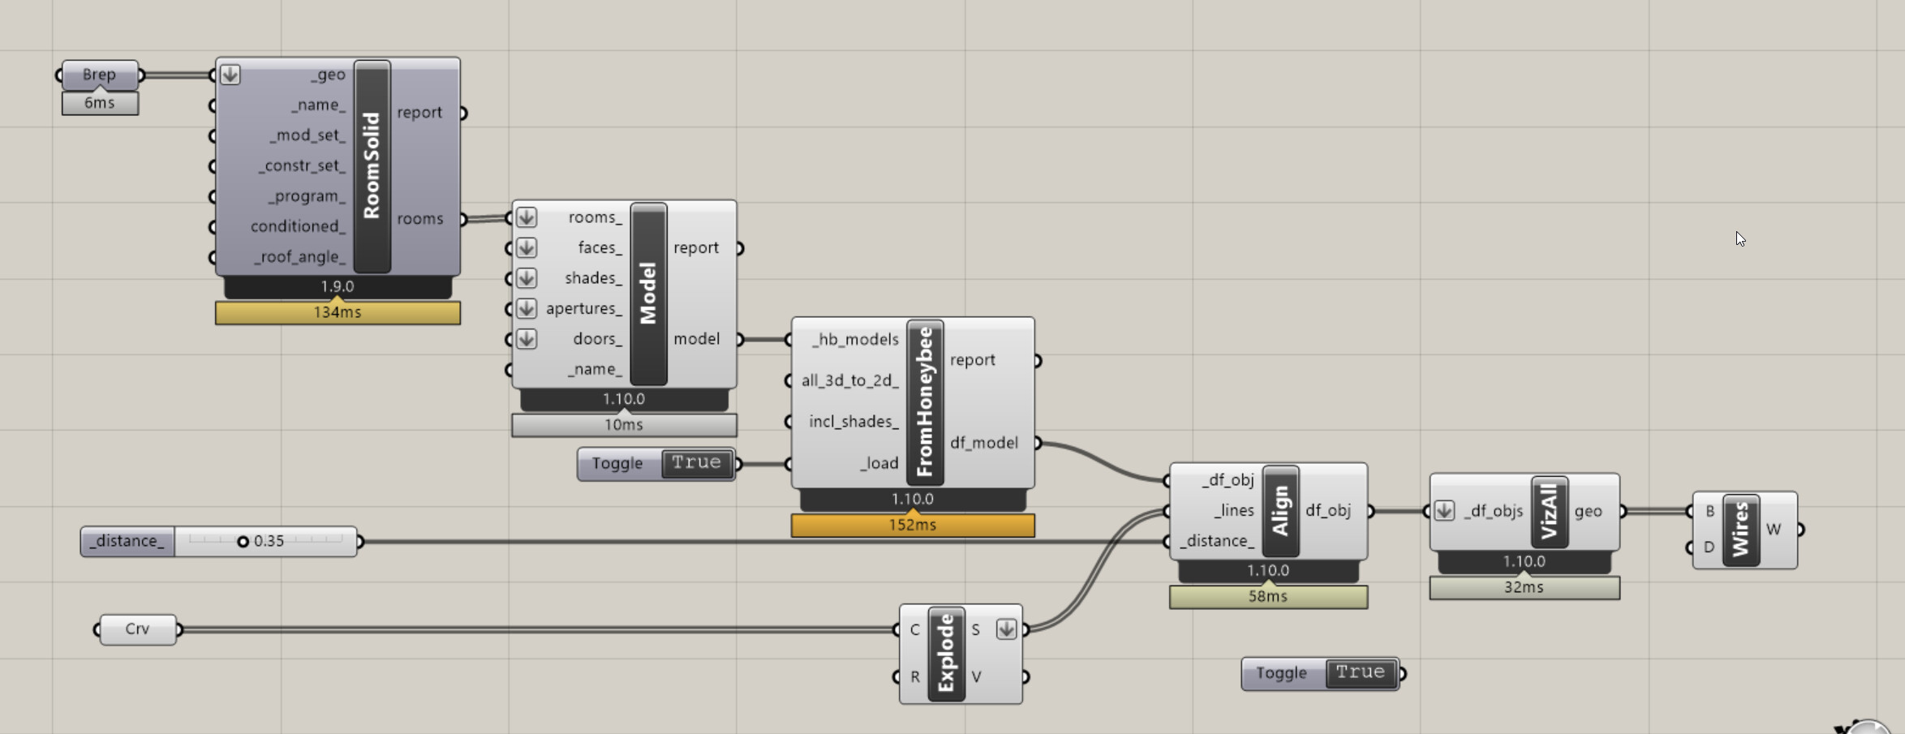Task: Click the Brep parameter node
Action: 99,75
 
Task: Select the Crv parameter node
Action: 137,629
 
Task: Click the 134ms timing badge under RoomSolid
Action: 338,312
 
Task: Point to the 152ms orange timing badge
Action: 913,525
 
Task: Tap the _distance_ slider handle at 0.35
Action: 243,541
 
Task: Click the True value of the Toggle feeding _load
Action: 696,463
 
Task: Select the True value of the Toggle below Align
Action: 1361,673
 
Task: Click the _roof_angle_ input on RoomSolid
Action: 300,257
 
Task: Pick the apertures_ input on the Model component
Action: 583,308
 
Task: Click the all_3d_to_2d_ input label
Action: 849,380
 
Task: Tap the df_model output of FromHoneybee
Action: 984,443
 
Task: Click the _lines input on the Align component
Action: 1233,510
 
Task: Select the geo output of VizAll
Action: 1588,511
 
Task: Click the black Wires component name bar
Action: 1740,530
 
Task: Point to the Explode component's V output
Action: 977,676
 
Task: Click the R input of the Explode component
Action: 915,676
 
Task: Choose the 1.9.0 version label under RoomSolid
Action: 338,286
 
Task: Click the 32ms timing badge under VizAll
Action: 1524,587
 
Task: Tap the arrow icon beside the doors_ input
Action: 527,339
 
